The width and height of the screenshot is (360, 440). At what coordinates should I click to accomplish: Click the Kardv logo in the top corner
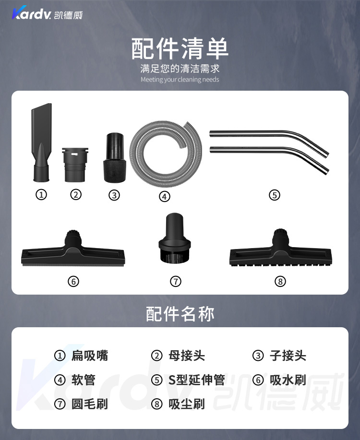[47, 13]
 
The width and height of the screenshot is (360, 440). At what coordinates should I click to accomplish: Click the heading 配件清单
[180, 48]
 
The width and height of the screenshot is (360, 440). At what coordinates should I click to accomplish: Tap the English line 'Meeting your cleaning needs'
[180, 80]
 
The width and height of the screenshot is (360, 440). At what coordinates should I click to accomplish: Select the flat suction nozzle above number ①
[41, 143]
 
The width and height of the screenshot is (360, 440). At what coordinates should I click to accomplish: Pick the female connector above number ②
[75, 165]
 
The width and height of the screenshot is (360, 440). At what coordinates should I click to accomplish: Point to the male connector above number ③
[115, 158]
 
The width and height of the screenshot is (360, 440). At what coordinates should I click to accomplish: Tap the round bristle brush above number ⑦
[174, 238]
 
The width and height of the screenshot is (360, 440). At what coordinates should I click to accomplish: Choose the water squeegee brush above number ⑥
[73, 249]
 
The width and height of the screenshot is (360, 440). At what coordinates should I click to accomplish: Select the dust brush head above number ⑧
[280, 249]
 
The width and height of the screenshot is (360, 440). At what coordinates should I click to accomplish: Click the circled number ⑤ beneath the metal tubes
[275, 195]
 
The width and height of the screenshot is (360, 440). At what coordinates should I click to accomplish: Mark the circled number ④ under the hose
[165, 196]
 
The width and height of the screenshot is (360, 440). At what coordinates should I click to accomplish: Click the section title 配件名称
[180, 314]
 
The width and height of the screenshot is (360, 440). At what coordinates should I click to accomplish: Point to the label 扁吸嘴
[90, 356]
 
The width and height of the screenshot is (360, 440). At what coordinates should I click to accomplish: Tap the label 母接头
[187, 356]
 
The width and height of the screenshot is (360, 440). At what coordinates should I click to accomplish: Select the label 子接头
[288, 356]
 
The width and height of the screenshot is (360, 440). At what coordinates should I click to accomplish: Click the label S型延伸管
[197, 380]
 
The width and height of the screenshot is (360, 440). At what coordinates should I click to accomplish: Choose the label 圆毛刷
[90, 404]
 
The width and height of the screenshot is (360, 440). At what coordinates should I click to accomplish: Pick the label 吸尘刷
[187, 404]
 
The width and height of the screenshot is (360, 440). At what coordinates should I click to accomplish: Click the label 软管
[84, 380]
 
